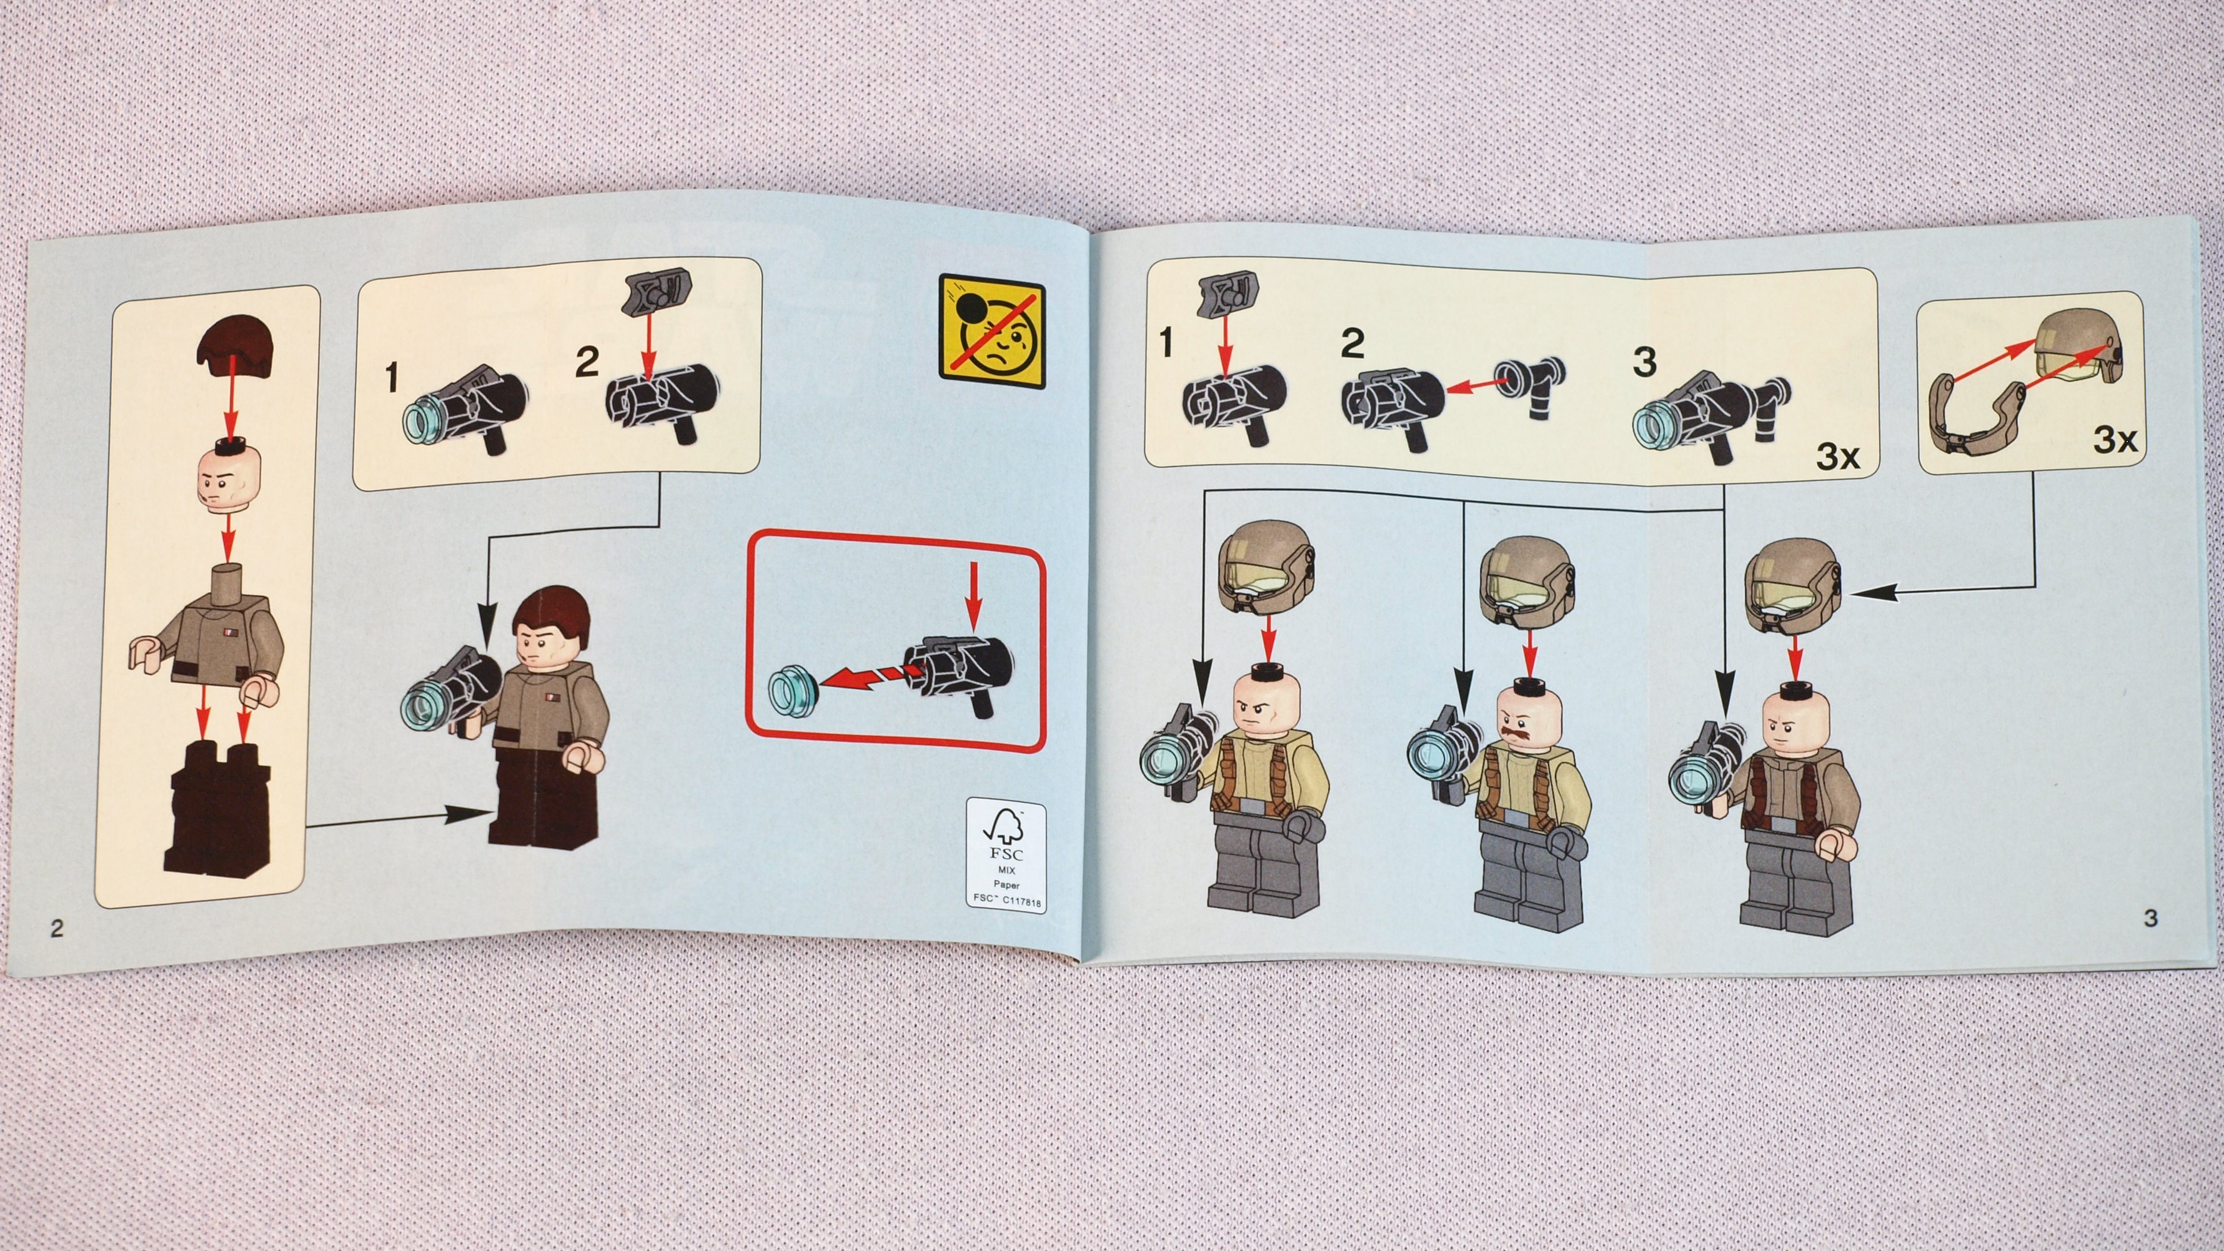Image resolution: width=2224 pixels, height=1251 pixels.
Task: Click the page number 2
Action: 57,928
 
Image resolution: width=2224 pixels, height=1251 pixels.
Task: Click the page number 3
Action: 2151,917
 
